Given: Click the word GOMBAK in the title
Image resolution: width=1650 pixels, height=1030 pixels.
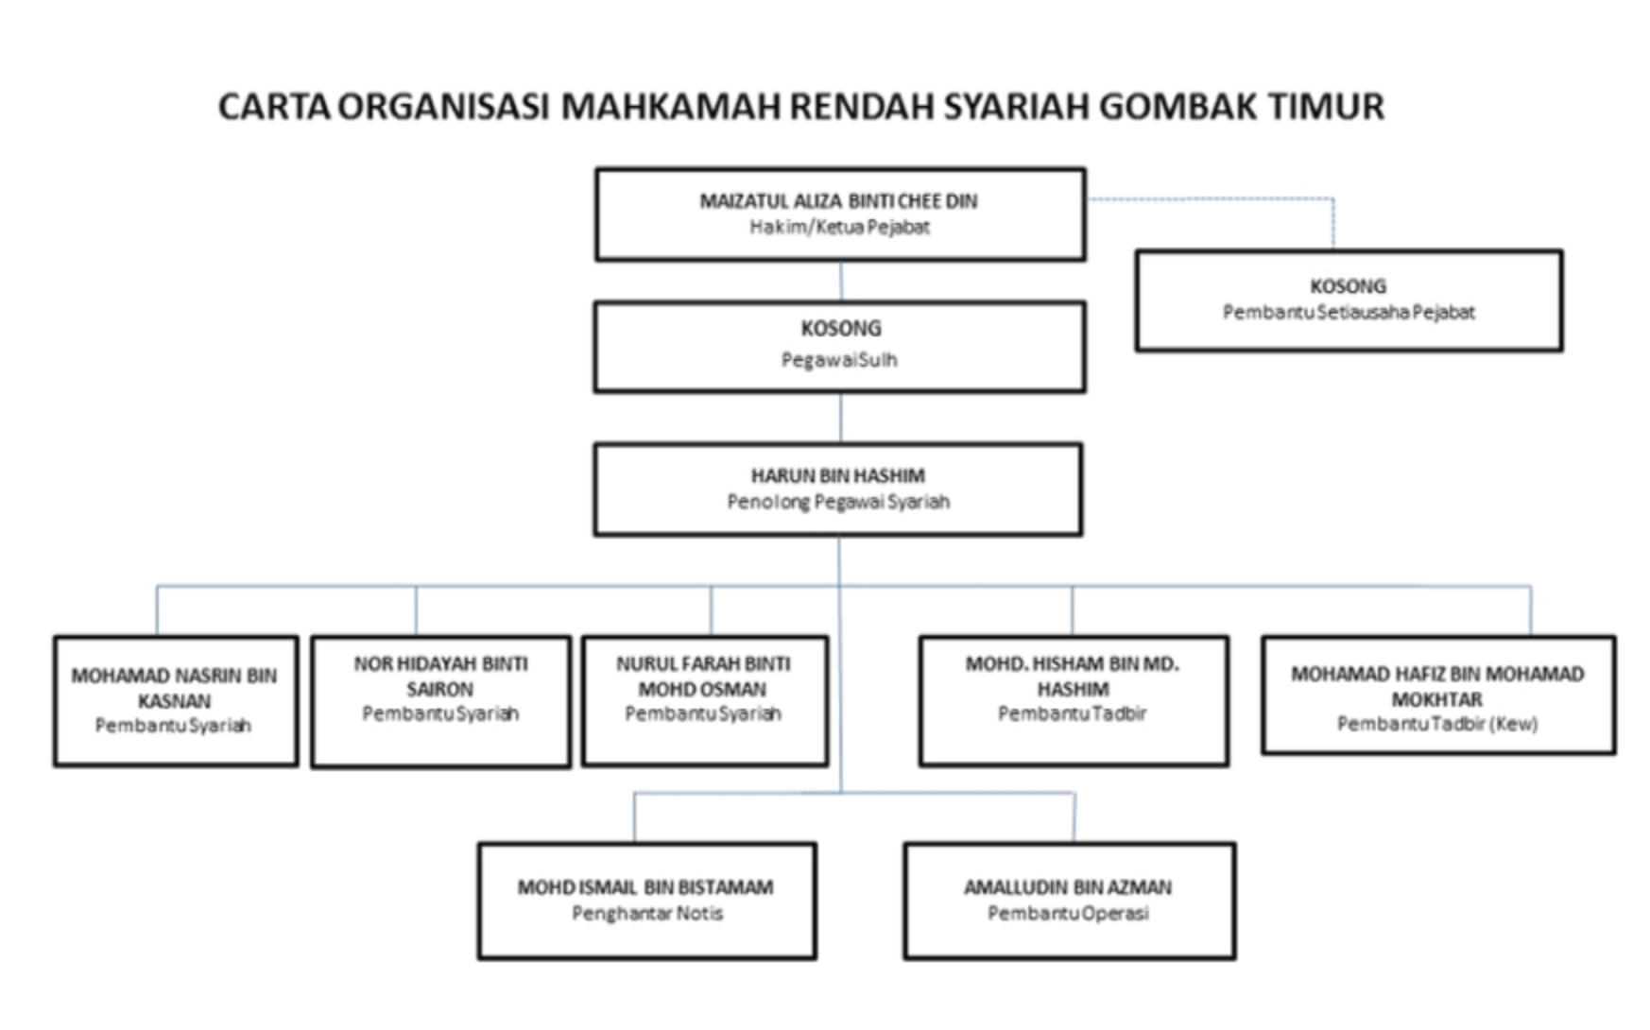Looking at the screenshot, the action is point(1177,106).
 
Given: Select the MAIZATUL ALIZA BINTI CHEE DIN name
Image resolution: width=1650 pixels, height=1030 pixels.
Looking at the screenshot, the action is point(838,201).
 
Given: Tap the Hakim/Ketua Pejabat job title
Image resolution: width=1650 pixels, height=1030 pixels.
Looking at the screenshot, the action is point(839,227).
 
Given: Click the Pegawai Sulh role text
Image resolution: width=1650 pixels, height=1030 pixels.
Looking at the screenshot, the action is point(839,360).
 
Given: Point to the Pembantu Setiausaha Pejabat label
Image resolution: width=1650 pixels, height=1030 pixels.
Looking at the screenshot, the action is point(1349,312).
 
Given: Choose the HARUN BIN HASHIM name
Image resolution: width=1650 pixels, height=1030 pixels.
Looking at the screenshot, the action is point(838,476).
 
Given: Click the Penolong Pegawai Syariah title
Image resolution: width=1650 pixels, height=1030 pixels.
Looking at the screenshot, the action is point(838,502).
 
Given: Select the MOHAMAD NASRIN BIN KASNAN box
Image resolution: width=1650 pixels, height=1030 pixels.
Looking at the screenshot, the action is point(176,701).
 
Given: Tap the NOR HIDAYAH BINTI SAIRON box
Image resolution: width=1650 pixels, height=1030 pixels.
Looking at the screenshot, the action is point(440,701).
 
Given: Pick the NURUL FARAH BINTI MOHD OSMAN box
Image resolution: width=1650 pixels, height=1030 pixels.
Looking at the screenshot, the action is point(705,701).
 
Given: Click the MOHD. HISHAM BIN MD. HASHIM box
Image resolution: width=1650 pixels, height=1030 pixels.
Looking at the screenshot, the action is point(1074,701).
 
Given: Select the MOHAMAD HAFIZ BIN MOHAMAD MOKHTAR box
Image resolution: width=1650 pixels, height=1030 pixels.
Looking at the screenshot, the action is point(1438,695).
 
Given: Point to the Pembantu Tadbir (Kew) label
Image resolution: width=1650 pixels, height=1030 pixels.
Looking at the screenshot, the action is point(1437,724).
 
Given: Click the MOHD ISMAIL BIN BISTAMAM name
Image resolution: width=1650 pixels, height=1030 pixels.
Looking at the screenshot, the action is point(645,887).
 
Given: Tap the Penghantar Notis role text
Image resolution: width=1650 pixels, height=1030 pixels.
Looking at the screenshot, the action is point(647,914).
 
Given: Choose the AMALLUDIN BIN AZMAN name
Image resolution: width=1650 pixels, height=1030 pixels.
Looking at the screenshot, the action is point(1068,887).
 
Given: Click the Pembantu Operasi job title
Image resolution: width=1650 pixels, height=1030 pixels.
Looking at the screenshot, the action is point(1068,914).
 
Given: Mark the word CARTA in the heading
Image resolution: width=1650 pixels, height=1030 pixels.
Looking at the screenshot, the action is point(274,106).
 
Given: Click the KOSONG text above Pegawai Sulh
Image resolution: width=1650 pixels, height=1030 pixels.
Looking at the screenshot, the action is point(841,329).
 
